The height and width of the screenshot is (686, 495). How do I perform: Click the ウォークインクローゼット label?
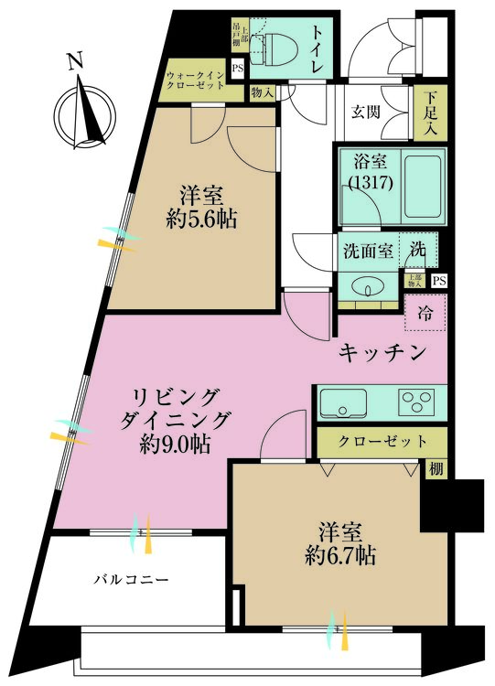click(195, 81)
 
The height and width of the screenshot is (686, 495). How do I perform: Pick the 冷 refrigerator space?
click(426, 312)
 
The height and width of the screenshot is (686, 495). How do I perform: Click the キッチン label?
click(382, 352)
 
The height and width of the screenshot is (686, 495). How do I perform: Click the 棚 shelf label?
click(438, 469)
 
